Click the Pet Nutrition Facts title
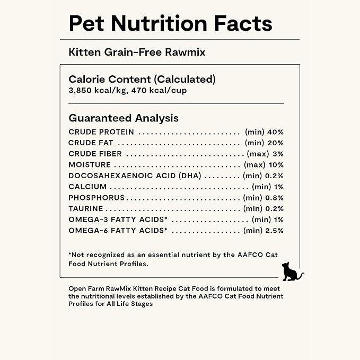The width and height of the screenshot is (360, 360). point(170,23)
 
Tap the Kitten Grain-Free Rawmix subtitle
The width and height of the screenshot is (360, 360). point(137,52)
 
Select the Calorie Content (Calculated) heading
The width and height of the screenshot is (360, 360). point(142,80)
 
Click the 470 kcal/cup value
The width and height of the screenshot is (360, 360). point(158,90)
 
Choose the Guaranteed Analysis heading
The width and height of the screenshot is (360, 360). point(124,118)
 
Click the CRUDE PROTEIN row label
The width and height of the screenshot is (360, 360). point(101,132)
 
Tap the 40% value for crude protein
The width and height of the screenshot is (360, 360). point(276,132)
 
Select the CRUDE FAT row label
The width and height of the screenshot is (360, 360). point(91,143)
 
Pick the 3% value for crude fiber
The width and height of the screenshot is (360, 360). point(279,154)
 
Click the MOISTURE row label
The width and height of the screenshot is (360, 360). point(90,165)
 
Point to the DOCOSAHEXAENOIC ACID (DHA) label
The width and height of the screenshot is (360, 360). point(134,176)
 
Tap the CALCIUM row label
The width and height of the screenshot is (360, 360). point(87,187)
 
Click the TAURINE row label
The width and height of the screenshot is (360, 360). point(86,208)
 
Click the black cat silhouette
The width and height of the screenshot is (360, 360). point(291,271)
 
